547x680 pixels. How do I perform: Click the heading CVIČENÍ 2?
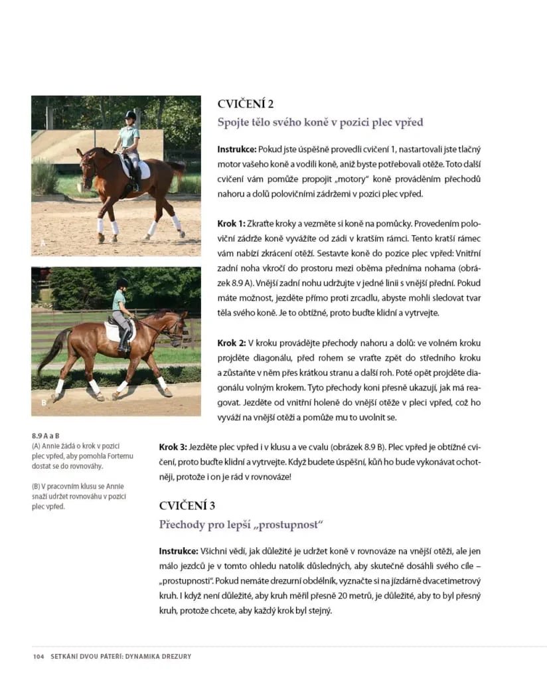tap(246, 104)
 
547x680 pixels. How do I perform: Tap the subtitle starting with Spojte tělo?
tap(320, 123)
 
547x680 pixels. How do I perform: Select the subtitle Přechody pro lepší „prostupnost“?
tap(241, 525)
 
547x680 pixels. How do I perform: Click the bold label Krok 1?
tap(232, 224)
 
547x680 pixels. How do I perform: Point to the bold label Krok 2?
tap(232, 343)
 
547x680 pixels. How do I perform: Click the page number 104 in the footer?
tap(38, 657)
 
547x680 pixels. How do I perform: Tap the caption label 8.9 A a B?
tap(46, 436)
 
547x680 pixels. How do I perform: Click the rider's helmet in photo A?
tap(131, 116)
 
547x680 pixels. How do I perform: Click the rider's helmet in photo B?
tap(122, 284)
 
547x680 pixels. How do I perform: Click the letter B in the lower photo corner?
tap(43, 402)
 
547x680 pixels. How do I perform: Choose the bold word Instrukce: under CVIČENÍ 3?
tap(179, 551)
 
